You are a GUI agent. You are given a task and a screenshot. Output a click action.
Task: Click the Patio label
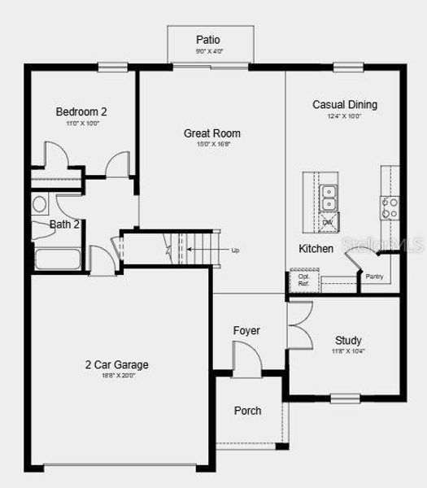(x=208, y=39)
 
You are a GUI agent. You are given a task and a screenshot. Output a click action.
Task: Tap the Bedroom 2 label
(x=82, y=111)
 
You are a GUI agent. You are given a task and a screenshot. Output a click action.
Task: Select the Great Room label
(x=211, y=133)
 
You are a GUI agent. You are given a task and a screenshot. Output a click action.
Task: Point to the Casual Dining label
(x=345, y=105)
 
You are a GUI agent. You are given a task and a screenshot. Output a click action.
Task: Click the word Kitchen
(x=316, y=248)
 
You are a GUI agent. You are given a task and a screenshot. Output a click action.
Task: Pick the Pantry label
(x=374, y=277)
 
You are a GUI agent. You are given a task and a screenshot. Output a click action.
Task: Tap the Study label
(x=348, y=340)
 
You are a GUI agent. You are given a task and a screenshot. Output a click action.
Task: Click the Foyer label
(x=246, y=330)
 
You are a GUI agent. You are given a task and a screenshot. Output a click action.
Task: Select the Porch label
(x=247, y=411)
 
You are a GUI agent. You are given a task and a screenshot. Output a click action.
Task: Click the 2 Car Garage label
(x=117, y=365)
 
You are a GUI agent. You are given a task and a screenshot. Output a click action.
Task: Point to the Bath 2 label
(x=64, y=224)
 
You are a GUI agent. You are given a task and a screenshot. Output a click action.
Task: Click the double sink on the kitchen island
(x=328, y=194)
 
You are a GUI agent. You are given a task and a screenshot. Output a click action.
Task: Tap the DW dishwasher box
(x=327, y=221)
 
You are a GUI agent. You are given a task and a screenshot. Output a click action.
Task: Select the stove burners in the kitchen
(x=390, y=207)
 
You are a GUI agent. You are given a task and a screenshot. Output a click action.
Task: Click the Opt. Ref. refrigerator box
(x=303, y=280)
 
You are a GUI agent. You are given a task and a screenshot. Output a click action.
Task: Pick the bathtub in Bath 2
(x=57, y=260)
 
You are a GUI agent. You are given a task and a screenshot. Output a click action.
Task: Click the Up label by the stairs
(x=235, y=250)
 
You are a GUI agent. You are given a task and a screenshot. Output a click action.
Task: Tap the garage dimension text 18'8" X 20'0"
(x=117, y=377)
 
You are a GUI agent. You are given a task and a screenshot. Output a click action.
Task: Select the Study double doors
(x=298, y=325)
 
